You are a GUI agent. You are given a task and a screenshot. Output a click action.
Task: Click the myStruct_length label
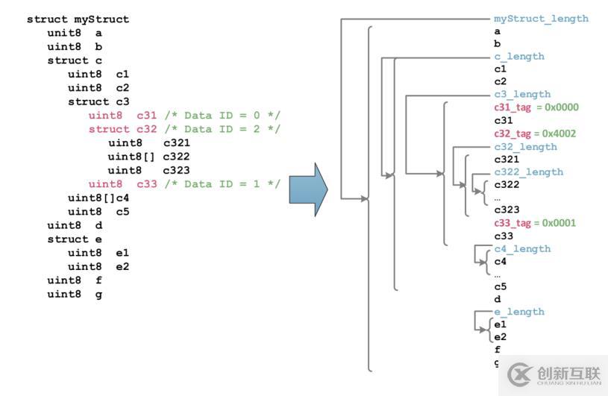click(541, 19)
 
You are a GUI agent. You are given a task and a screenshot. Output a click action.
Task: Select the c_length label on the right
click(519, 57)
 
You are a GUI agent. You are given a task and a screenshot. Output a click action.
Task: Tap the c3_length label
click(522, 95)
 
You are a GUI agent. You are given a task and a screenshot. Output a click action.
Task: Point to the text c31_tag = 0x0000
click(536, 107)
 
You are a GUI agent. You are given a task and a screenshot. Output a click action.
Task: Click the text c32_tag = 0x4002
click(536, 133)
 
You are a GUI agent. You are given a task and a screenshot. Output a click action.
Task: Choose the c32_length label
click(525, 147)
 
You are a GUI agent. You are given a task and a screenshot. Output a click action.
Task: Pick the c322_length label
click(528, 172)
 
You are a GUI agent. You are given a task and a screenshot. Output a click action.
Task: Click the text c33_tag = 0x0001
click(535, 223)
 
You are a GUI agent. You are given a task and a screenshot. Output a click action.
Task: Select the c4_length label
click(522, 249)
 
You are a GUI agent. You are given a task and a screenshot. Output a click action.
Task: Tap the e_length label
click(519, 312)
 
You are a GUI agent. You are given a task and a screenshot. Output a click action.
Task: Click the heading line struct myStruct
click(78, 19)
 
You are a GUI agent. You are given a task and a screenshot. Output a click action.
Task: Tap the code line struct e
click(75, 239)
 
